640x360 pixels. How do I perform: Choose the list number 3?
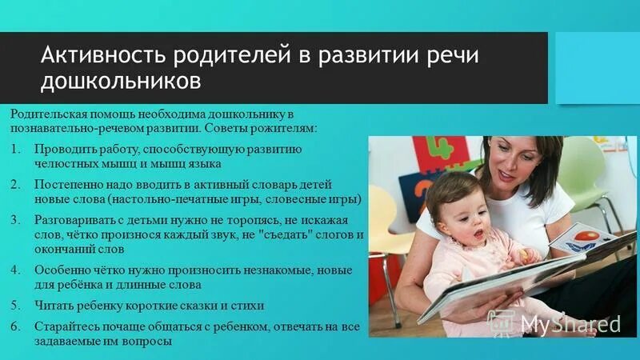point(17,218)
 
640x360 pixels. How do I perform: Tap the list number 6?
point(17,327)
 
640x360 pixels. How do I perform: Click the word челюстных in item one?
point(62,165)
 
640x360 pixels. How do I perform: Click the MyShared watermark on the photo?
point(570,323)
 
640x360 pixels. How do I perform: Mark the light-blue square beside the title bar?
point(596,68)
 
